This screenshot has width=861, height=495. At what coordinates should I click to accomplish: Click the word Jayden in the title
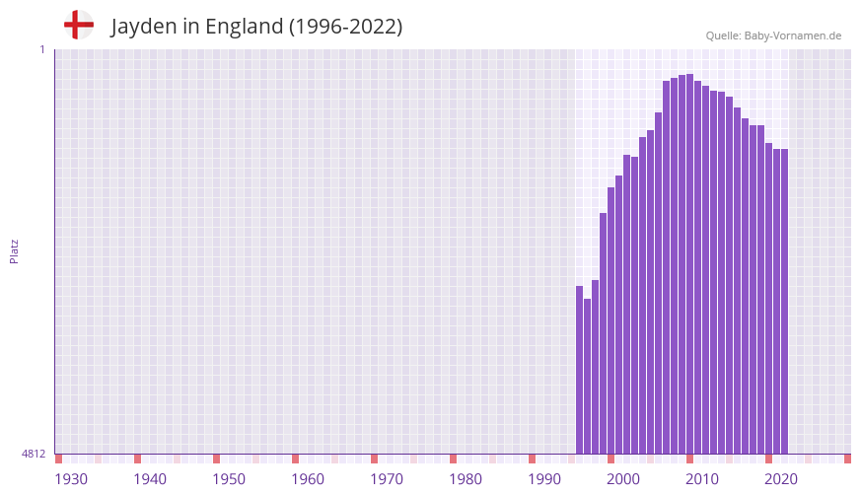[142, 27]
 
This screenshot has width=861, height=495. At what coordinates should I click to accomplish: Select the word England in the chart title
[244, 27]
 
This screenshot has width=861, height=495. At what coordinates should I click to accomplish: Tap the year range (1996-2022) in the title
[345, 27]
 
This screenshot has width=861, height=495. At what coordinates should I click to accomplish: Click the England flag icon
[79, 25]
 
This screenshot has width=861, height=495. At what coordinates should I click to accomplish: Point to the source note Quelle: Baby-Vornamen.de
[773, 35]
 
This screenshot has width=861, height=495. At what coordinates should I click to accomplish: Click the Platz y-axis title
[14, 250]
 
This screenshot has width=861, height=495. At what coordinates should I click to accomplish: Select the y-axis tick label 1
[41, 49]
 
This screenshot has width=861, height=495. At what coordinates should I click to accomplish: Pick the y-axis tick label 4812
[34, 454]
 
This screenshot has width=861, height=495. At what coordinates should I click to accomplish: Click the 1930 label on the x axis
[71, 479]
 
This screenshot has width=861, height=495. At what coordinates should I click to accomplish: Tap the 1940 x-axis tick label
[150, 479]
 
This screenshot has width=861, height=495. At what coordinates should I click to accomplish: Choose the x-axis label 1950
[229, 479]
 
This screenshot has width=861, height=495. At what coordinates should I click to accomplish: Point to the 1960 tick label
[308, 479]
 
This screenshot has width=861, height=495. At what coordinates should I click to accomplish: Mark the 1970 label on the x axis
[387, 479]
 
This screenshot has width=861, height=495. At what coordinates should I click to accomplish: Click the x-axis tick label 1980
[466, 479]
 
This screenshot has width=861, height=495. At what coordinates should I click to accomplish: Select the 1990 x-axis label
[544, 479]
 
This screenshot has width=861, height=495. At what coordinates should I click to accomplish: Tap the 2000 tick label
[623, 479]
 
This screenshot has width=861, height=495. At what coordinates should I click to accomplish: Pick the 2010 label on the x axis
[702, 479]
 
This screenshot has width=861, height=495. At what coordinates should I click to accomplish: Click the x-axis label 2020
[781, 479]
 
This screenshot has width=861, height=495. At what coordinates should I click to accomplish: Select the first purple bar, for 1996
[580, 370]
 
